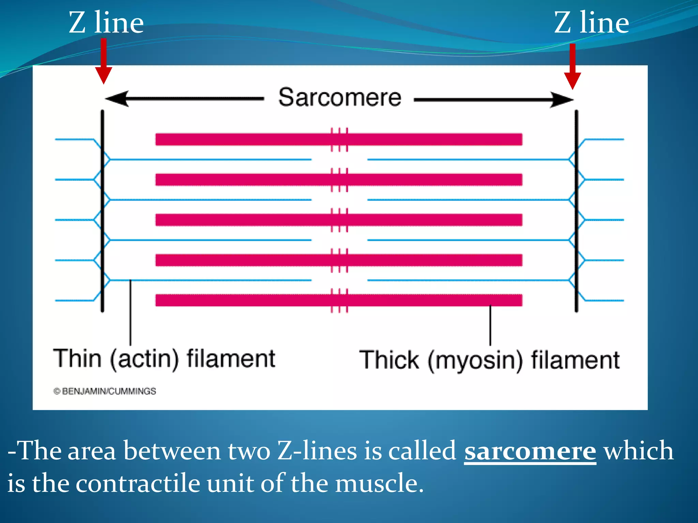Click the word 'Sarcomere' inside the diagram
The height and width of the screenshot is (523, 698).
(340, 97)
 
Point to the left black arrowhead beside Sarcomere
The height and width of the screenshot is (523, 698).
(118, 99)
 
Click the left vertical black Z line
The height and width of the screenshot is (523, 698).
(102, 211)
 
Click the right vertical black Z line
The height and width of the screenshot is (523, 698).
(576, 211)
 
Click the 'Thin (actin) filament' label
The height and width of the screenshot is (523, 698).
(164, 359)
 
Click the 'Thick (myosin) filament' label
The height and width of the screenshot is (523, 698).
(489, 360)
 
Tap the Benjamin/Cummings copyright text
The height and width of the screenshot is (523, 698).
(105, 391)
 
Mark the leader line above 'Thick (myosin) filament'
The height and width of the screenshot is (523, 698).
(490, 325)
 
